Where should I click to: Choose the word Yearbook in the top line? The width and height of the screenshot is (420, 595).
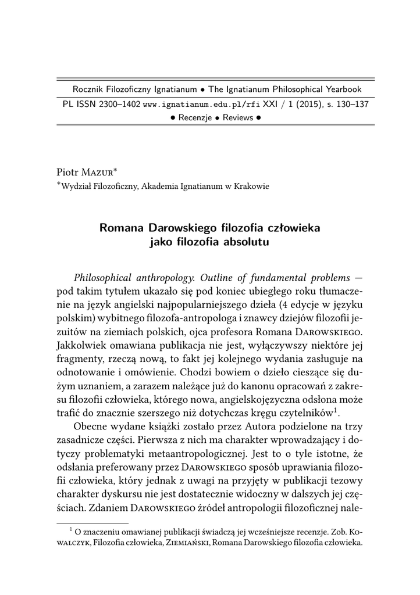pyautogui.click(x=339, y=89)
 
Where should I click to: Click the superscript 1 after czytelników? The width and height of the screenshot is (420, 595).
pyautogui.click(x=336, y=410)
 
